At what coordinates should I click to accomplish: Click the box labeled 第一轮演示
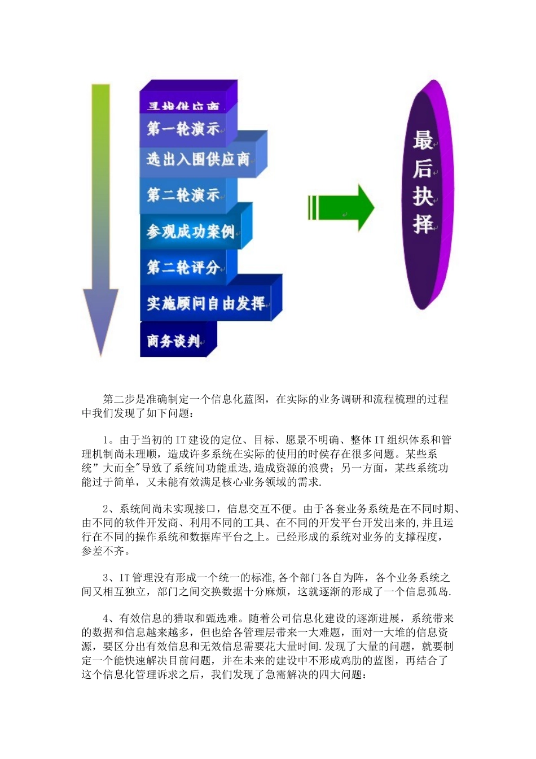(x=183, y=129)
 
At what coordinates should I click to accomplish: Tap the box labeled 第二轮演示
(x=183, y=195)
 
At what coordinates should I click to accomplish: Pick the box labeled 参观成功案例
(x=190, y=232)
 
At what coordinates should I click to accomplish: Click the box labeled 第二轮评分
(x=183, y=267)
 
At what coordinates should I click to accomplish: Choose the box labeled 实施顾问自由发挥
(x=205, y=304)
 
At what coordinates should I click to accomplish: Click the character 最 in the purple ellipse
(x=423, y=141)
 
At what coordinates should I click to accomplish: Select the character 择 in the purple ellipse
(x=423, y=224)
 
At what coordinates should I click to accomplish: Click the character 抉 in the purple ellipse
(x=423, y=197)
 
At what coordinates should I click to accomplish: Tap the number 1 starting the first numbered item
(x=106, y=440)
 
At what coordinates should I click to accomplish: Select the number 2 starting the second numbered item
(x=106, y=509)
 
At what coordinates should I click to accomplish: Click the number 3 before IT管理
(x=106, y=578)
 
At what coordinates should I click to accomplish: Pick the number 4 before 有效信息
(x=106, y=619)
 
